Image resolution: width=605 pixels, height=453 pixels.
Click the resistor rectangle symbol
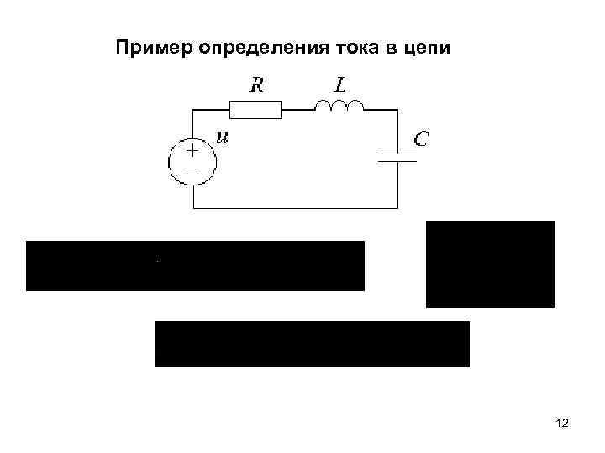(255, 108)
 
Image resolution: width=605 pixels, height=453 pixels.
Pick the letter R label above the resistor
(255, 84)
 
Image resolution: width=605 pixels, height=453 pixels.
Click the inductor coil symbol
(339, 105)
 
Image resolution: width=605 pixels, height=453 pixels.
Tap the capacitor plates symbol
(397, 159)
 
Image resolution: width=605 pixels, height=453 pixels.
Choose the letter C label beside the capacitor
(421, 139)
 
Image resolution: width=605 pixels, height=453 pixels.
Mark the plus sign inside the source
(192, 151)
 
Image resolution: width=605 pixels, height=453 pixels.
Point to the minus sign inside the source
(192, 172)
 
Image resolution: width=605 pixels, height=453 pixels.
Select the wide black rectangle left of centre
(195, 266)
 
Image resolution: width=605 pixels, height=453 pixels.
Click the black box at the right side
(491, 264)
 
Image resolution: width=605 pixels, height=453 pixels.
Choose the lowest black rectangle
(312, 344)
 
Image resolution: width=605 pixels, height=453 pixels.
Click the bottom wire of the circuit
(294, 208)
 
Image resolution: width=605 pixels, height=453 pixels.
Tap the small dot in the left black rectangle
(156, 260)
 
